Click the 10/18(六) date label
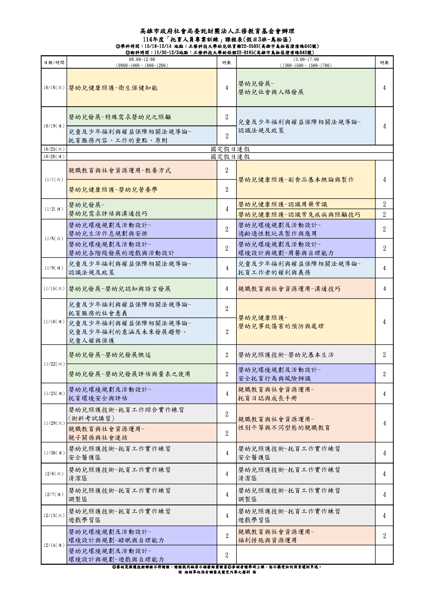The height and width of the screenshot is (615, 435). [x=54, y=88]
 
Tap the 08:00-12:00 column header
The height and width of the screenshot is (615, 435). [x=142, y=62]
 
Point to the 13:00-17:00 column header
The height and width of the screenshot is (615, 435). [x=306, y=62]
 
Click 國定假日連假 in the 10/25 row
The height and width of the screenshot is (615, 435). [x=230, y=149]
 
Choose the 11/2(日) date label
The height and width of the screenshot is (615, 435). [x=54, y=209]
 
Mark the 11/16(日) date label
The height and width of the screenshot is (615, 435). [x=54, y=322]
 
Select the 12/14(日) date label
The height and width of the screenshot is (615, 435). [x=54, y=545]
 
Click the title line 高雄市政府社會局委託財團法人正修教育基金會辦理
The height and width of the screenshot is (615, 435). [x=217, y=31]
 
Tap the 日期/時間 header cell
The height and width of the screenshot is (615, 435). [x=54, y=62]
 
